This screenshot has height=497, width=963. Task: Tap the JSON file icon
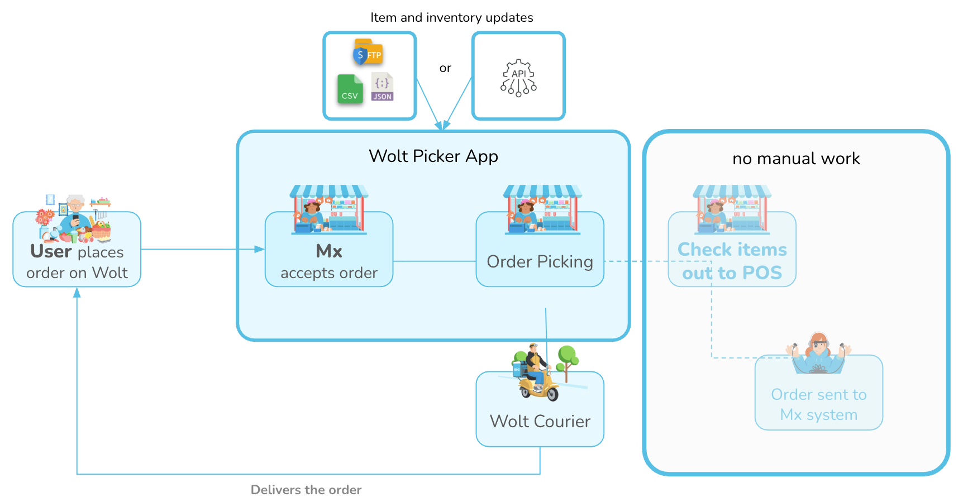(382, 87)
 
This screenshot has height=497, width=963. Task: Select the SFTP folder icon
(368, 52)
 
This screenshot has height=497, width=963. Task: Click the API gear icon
(518, 78)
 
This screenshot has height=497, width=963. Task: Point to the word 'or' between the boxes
(445, 69)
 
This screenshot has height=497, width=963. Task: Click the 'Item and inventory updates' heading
(451, 18)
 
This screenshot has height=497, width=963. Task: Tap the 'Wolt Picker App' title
(433, 156)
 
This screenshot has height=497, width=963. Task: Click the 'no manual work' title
(796, 159)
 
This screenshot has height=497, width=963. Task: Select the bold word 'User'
(51, 251)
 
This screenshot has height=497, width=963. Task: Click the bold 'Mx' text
(329, 251)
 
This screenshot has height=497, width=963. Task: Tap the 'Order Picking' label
(540, 262)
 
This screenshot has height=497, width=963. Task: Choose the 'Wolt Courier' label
(540, 421)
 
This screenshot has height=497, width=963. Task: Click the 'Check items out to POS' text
(732, 261)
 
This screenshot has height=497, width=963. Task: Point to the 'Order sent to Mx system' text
(818, 405)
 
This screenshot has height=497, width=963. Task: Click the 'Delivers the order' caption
(306, 490)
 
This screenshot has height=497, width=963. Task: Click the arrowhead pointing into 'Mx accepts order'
(260, 249)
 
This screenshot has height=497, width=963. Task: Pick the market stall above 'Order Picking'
(542, 209)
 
